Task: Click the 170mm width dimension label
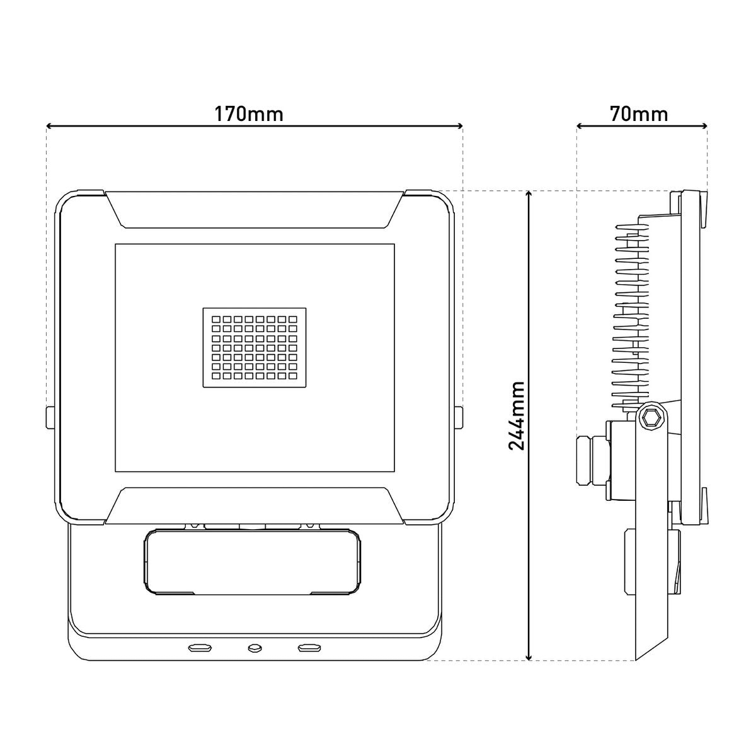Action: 249,114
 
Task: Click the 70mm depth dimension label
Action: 639,114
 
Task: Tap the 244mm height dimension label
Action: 517,416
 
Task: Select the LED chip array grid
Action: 255,347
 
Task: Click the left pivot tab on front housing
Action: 49,417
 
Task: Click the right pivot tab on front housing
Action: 460,417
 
